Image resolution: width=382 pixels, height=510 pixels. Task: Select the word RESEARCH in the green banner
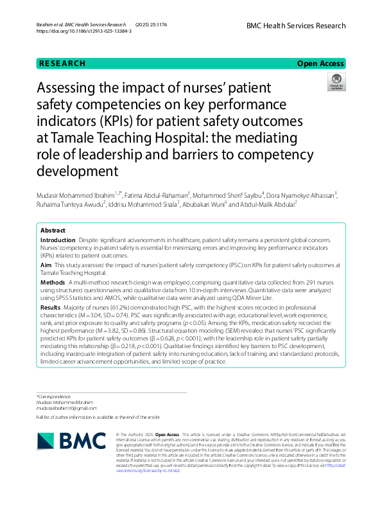[62, 63]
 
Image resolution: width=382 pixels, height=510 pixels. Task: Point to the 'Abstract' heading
[53, 230]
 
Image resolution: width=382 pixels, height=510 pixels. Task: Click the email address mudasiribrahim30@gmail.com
[67, 408]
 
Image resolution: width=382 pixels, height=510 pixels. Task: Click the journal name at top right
[295, 26]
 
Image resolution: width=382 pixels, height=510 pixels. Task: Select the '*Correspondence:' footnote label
[55, 396]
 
